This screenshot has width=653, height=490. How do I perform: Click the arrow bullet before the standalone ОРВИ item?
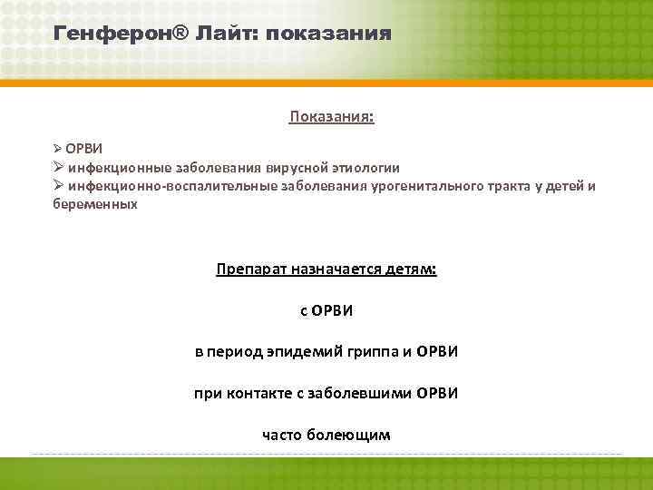[57, 147]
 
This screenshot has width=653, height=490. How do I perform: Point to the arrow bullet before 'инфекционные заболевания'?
[58, 167]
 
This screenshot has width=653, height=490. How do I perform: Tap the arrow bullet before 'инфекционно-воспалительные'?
[58, 187]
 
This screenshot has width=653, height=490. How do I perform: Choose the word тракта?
[506, 187]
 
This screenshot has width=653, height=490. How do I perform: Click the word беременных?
[95, 204]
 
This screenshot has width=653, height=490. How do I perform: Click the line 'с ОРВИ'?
[326, 311]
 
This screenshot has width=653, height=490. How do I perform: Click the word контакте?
[259, 394]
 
